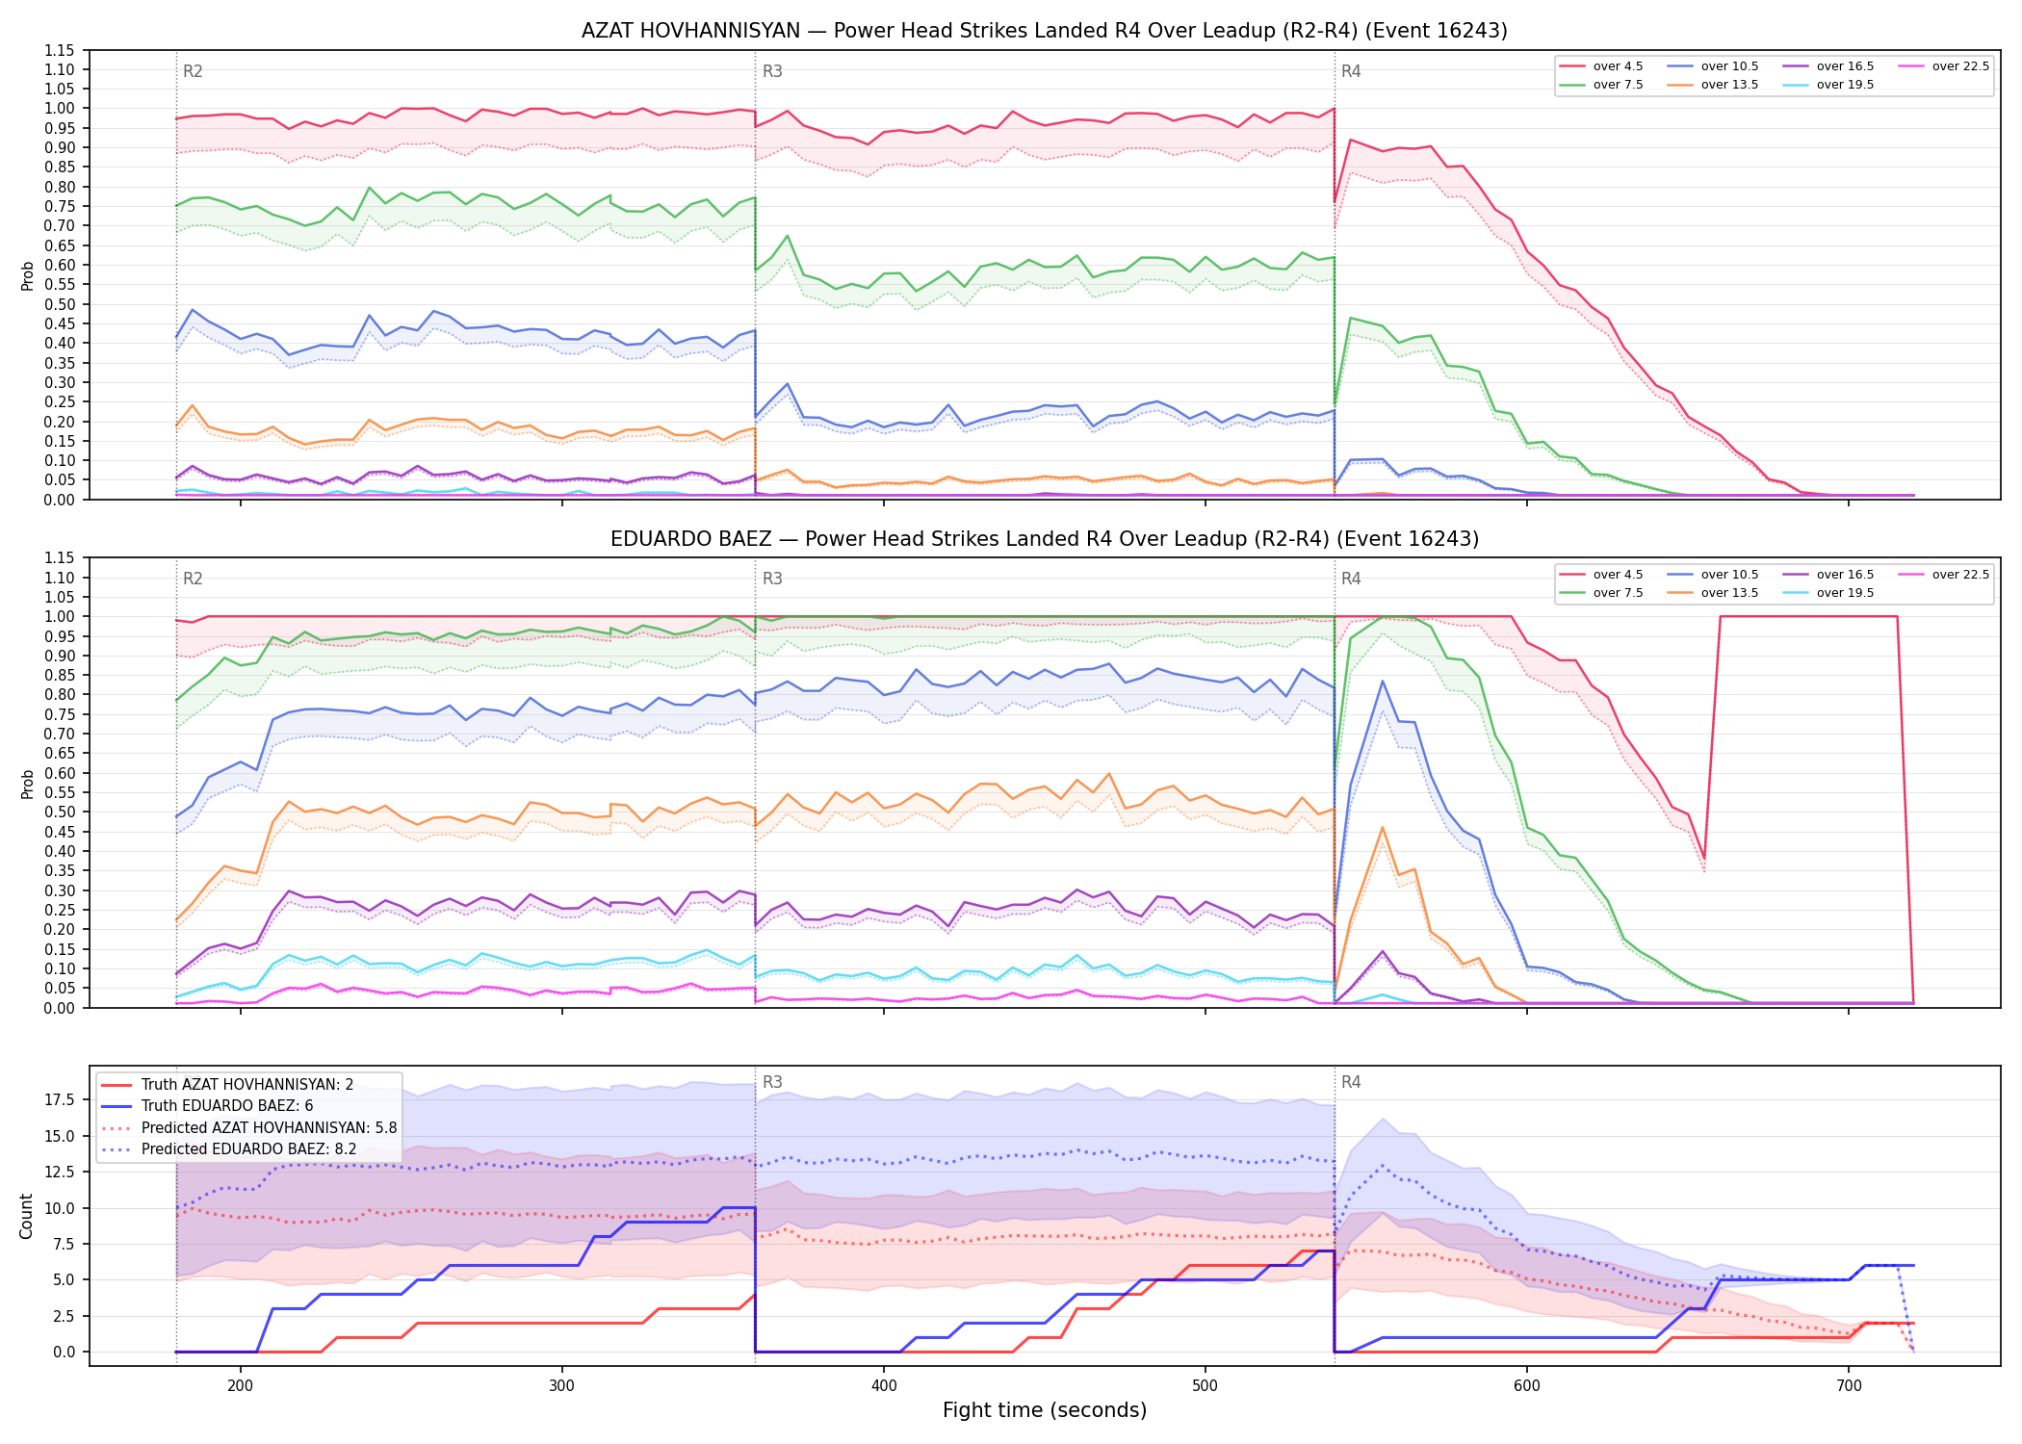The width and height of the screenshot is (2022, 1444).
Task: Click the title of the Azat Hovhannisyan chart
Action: pyautogui.click(x=1045, y=31)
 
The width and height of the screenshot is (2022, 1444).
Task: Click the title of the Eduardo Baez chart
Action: pyautogui.click(x=1045, y=539)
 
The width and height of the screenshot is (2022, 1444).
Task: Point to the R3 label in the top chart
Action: pyautogui.click(x=772, y=71)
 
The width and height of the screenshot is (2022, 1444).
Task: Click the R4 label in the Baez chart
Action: pyautogui.click(x=1351, y=579)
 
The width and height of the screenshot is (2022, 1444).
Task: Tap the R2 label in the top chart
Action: pyautogui.click(x=193, y=71)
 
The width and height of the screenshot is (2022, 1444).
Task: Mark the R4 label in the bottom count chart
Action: pyautogui.click(x=1351, y=1082)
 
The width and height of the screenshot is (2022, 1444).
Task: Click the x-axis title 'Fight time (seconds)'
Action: pyautogui.click(x=1045, y=1410)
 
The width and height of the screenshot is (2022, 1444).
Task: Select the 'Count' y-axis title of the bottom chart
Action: pyautogui.click(x=26, y=1216)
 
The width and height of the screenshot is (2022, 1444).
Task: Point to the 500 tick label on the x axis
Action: pyautogui.click(x=1205, y=1386)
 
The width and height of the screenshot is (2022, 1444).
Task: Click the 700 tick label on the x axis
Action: pyautogui.click(x=1849, y=1386)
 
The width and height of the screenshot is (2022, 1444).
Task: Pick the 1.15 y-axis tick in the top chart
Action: pyautogui.click(x=60, y=50)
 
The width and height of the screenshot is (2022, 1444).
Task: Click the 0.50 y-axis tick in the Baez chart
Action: pyautogui.click(x=60, y=812)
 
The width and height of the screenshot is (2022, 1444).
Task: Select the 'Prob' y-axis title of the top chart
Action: pyautogui.click(x=28, y=276)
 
